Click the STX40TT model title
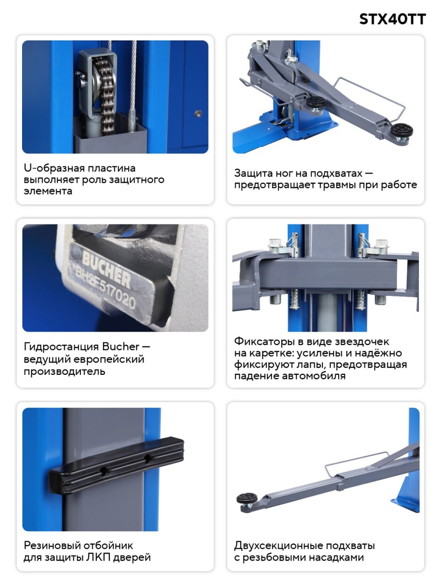point(392,19)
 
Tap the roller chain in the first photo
point(107,97)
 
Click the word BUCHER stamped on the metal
point(106,269)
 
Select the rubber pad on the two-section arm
point(247,498)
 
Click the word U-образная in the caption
point(50,168)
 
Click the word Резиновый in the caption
point(51,545)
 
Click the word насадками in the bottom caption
point(336,558)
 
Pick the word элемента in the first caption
point(48,191)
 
